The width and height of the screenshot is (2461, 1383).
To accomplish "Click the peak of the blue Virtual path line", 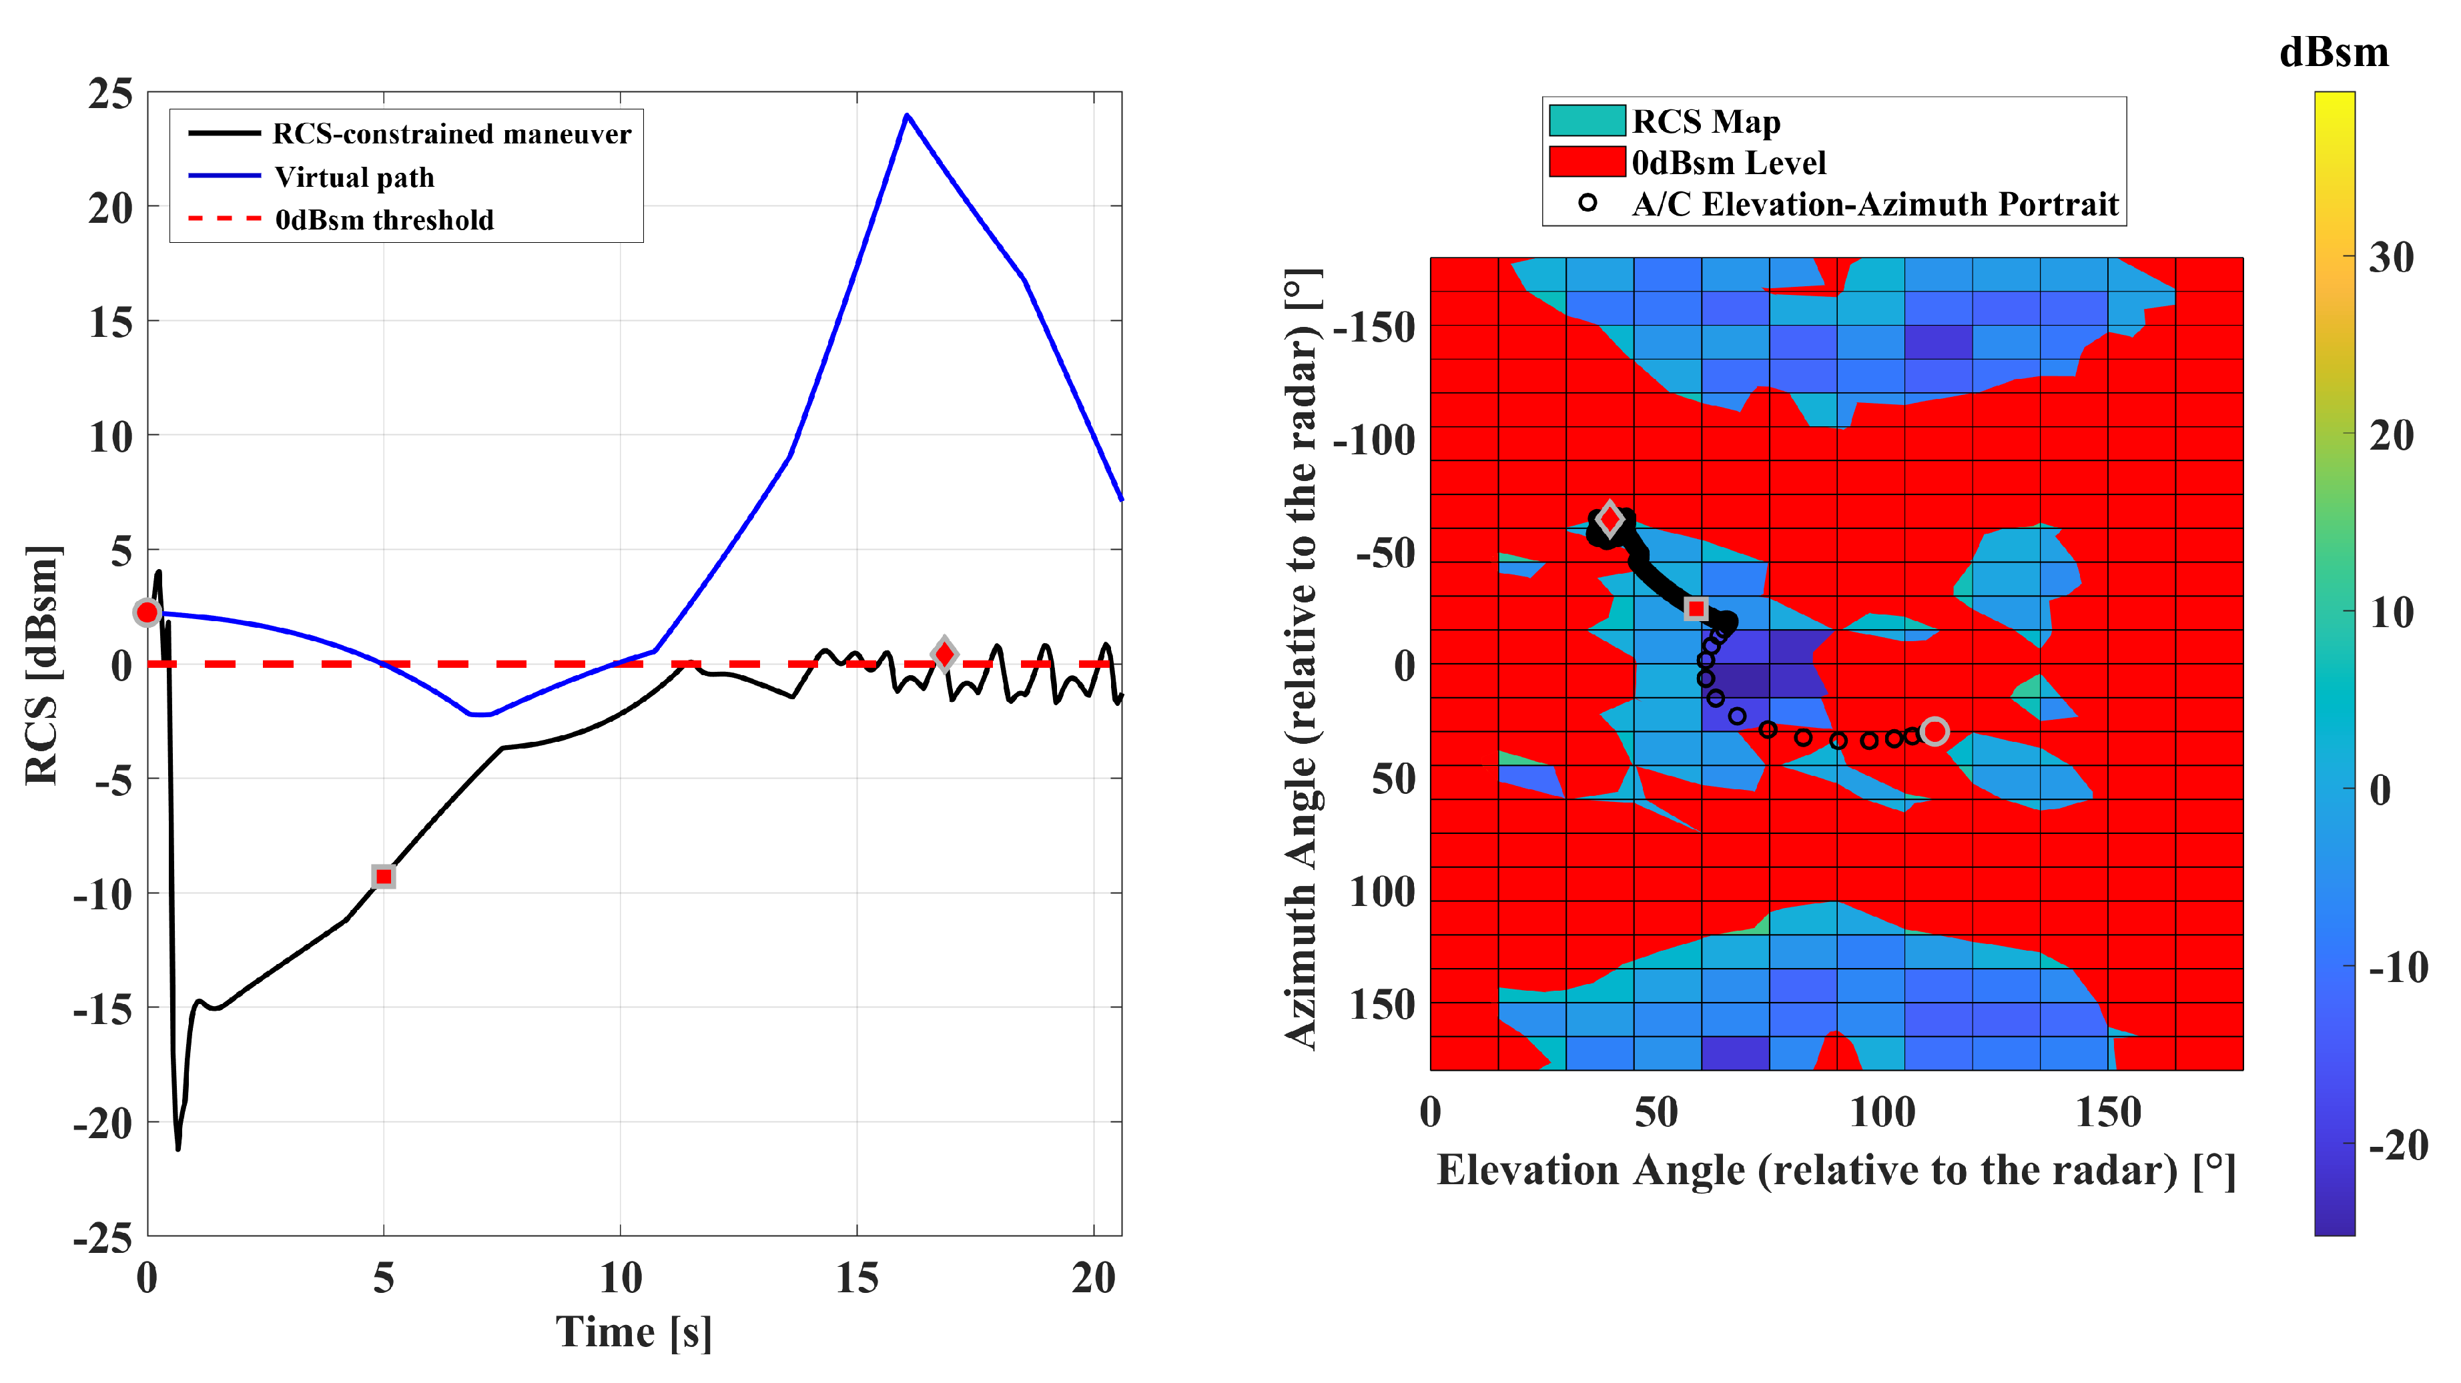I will (x=907, y=115).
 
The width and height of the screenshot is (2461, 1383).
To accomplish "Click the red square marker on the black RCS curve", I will (x=383, y=876).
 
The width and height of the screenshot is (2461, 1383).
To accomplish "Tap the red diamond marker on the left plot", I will (x=944, y=654).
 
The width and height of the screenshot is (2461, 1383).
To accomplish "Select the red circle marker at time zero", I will (x=147, y=612).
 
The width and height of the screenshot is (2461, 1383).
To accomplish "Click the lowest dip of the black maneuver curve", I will (x=178, y=1146).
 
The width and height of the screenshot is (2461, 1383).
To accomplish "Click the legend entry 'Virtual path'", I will (x=354, y=177).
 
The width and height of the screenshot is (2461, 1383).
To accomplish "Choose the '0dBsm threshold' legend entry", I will (x=384, y=219).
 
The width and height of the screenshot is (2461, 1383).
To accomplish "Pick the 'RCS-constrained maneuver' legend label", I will (x=451, y=133).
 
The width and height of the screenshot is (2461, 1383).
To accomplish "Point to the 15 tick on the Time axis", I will (x=856, y=1278).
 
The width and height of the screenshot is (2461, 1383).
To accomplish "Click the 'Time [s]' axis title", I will (x=633, y=1332).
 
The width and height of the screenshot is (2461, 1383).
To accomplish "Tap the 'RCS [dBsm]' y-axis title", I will (x=42, y=664).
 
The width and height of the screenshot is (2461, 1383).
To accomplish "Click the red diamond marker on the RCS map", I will (x=1610, y=520).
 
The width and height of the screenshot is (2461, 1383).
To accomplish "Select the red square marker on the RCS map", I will (x=1696, y=608).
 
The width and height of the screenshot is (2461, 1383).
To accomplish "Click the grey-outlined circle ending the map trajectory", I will (x=1935, y=732).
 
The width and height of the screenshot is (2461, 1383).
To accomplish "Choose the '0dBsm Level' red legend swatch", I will (x=1586, y=162).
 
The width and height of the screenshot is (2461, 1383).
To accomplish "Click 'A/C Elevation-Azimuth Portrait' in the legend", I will (x=1874, y=204).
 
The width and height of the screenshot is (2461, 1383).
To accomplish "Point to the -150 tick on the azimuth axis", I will (x=1374, y=328).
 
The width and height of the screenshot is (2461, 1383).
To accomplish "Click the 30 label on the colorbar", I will (x=2390, y=257).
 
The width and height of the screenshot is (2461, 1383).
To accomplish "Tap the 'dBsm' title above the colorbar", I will (x=2333, y=53).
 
